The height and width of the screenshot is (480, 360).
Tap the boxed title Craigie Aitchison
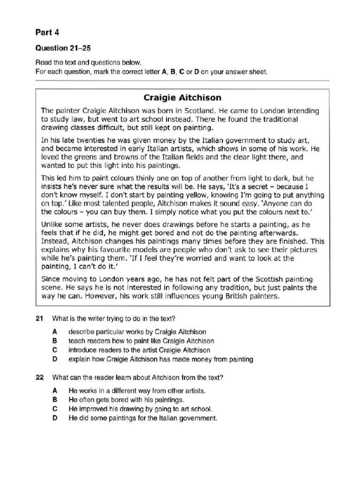point(182,98)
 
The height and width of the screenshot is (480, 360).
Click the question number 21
point(40,319)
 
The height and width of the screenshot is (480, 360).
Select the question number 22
point(40,377)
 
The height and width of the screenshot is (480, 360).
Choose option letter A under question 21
point(55,331)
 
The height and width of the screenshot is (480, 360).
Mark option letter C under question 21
point(55,350)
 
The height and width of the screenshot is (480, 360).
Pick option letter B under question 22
point(55,400)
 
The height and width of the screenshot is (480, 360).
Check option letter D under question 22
point(55,418)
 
